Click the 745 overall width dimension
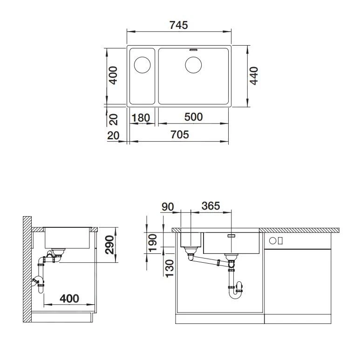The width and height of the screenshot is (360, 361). click(179, 25)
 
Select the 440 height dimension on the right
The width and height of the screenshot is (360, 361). click(254, 76)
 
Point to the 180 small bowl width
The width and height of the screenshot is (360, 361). click(141, 118)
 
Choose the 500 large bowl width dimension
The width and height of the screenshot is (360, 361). click(193, 117)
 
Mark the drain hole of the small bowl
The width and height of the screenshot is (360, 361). click(143, 65)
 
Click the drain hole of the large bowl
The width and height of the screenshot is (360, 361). click(193, 65)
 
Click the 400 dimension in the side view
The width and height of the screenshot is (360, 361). click(68, 298)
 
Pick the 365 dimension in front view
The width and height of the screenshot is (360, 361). click(211, 206)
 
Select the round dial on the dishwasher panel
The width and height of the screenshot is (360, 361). click(280, 241)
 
